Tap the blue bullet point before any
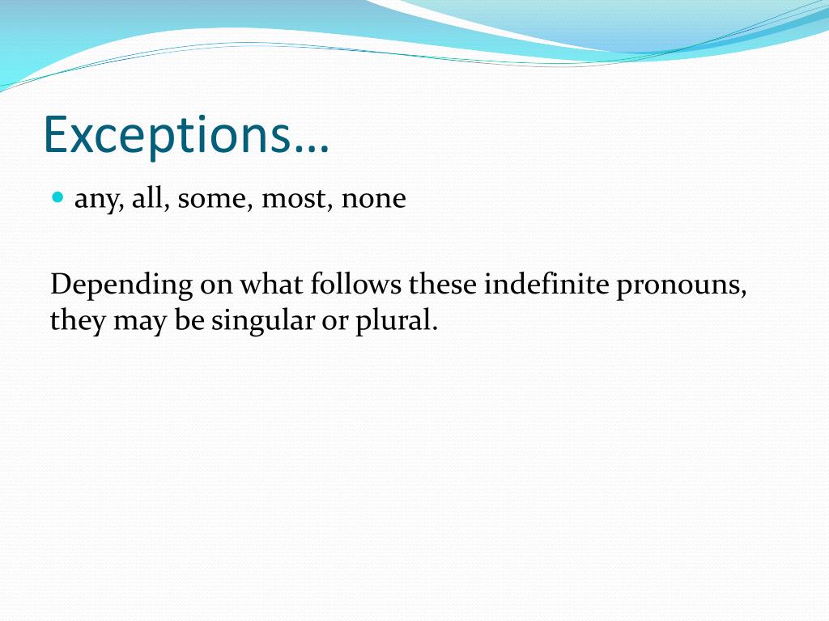pos(57,196)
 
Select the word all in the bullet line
pos(149,198)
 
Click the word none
pos(373,198)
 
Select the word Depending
pos(121,285)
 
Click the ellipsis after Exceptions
pos(312,146)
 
